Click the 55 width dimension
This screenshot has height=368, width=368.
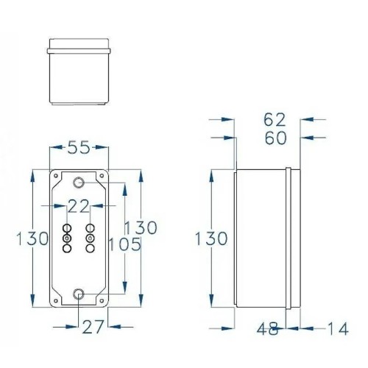click(x=79, y=148)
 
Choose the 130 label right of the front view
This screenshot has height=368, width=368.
click(x=141, y=227)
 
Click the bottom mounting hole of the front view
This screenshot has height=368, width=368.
click(x=79, y=296)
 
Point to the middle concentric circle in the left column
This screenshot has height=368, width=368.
click(x=67, y=239)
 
